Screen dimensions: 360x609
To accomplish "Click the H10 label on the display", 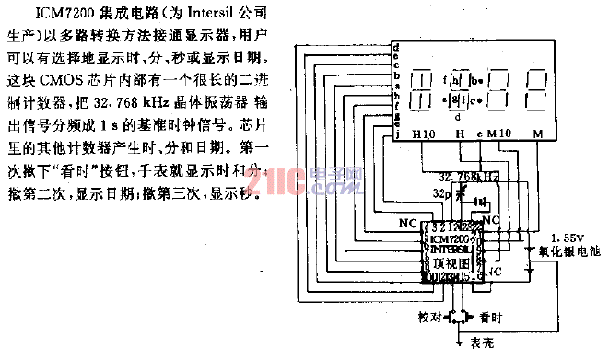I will pyautogui.click(x=425, y=135).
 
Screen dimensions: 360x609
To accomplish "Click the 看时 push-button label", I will pyautogui.click(x=490, y=316).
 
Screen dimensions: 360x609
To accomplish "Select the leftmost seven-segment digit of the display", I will pyautogui.click(x=422, y=87).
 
